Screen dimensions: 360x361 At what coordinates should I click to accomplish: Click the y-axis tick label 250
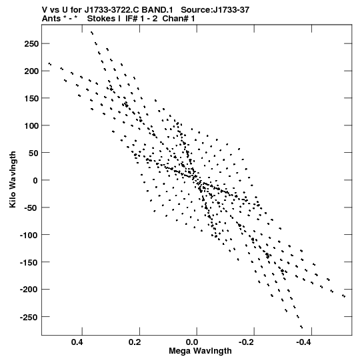31,44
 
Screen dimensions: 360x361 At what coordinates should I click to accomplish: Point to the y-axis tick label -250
29,317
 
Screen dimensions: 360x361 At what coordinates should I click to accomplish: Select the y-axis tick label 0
35,180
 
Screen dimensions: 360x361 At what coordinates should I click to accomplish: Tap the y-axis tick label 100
31,125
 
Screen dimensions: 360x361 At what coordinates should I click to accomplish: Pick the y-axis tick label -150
29,262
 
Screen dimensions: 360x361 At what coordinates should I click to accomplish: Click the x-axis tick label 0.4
77,342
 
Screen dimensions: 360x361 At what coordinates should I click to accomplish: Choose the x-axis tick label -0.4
304,342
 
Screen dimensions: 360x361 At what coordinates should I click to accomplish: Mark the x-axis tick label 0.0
192,342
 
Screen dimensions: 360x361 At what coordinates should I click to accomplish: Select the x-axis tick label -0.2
247,342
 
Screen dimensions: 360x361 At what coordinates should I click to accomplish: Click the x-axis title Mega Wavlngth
200,351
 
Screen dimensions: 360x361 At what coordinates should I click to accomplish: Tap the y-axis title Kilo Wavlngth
13,179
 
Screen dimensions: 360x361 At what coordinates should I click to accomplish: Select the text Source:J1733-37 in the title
215,10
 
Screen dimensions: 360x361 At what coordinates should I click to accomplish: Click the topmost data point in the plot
92,33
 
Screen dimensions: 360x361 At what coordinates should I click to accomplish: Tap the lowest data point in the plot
301,327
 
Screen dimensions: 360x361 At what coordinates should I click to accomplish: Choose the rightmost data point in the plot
344,296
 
